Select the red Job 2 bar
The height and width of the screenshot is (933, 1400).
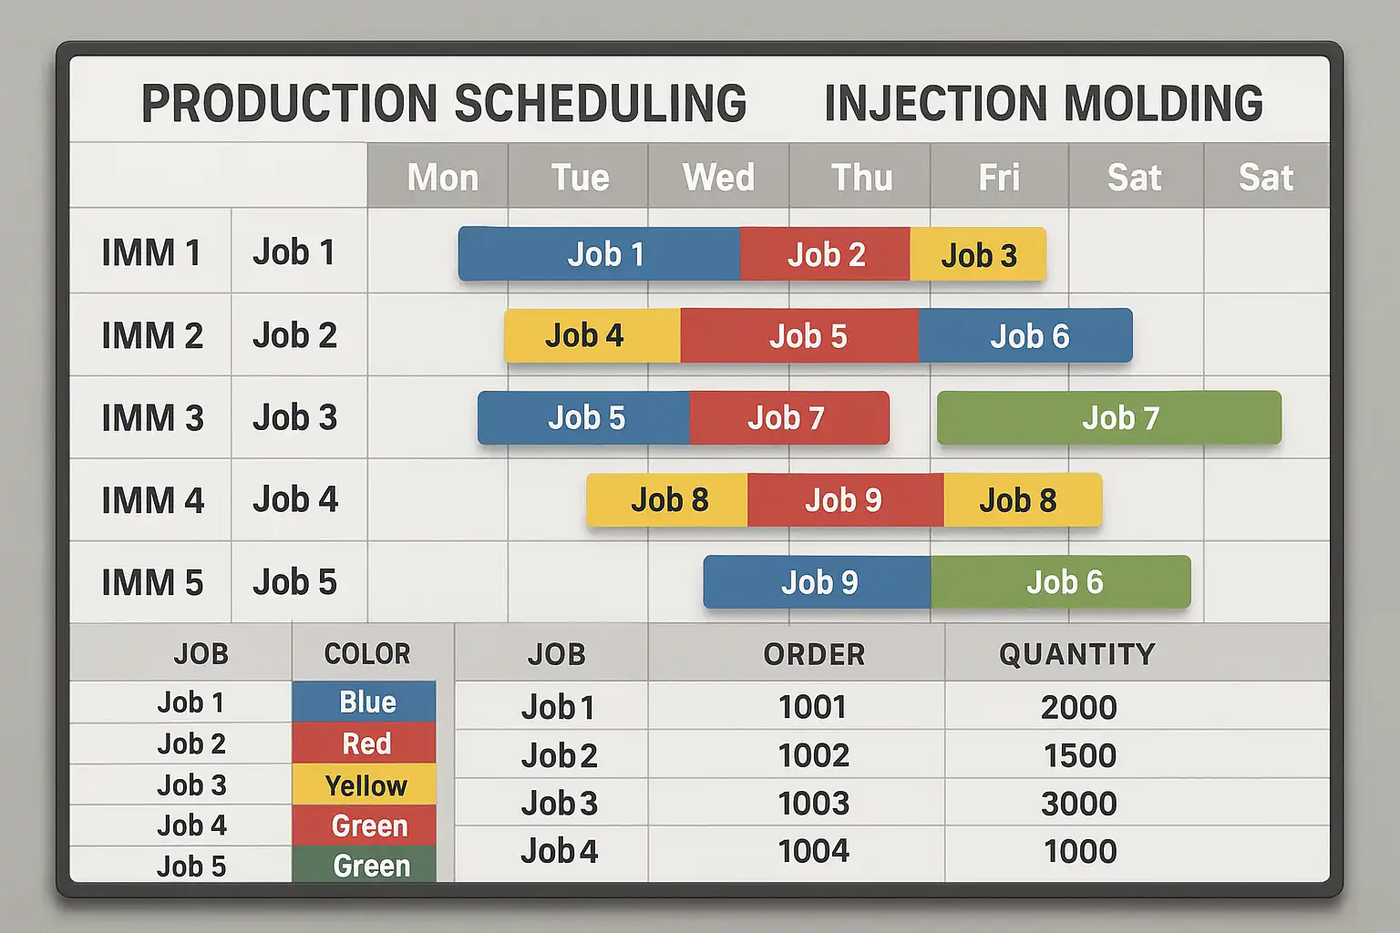(825, 254)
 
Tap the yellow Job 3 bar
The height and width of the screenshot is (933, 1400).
(978, 255)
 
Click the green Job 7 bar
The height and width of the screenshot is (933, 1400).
(1109, 418)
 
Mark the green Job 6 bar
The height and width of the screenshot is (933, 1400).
(1061, 582)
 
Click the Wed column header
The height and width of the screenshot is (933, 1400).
(718, 177)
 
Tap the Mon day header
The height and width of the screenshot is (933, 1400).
(442, 177)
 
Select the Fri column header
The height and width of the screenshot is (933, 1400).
(999, 177)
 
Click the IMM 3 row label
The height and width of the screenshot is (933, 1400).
(152, 418)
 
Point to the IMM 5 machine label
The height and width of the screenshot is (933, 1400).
(152, 583)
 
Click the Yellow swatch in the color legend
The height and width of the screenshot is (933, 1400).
(365, 785)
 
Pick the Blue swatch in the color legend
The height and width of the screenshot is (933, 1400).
(365, 702)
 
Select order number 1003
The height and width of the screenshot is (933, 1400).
(813, 804)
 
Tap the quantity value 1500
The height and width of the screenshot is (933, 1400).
(1079, 755)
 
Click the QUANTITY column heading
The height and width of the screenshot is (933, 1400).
(1076, 654)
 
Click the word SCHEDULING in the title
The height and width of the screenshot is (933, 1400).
(600, 103)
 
